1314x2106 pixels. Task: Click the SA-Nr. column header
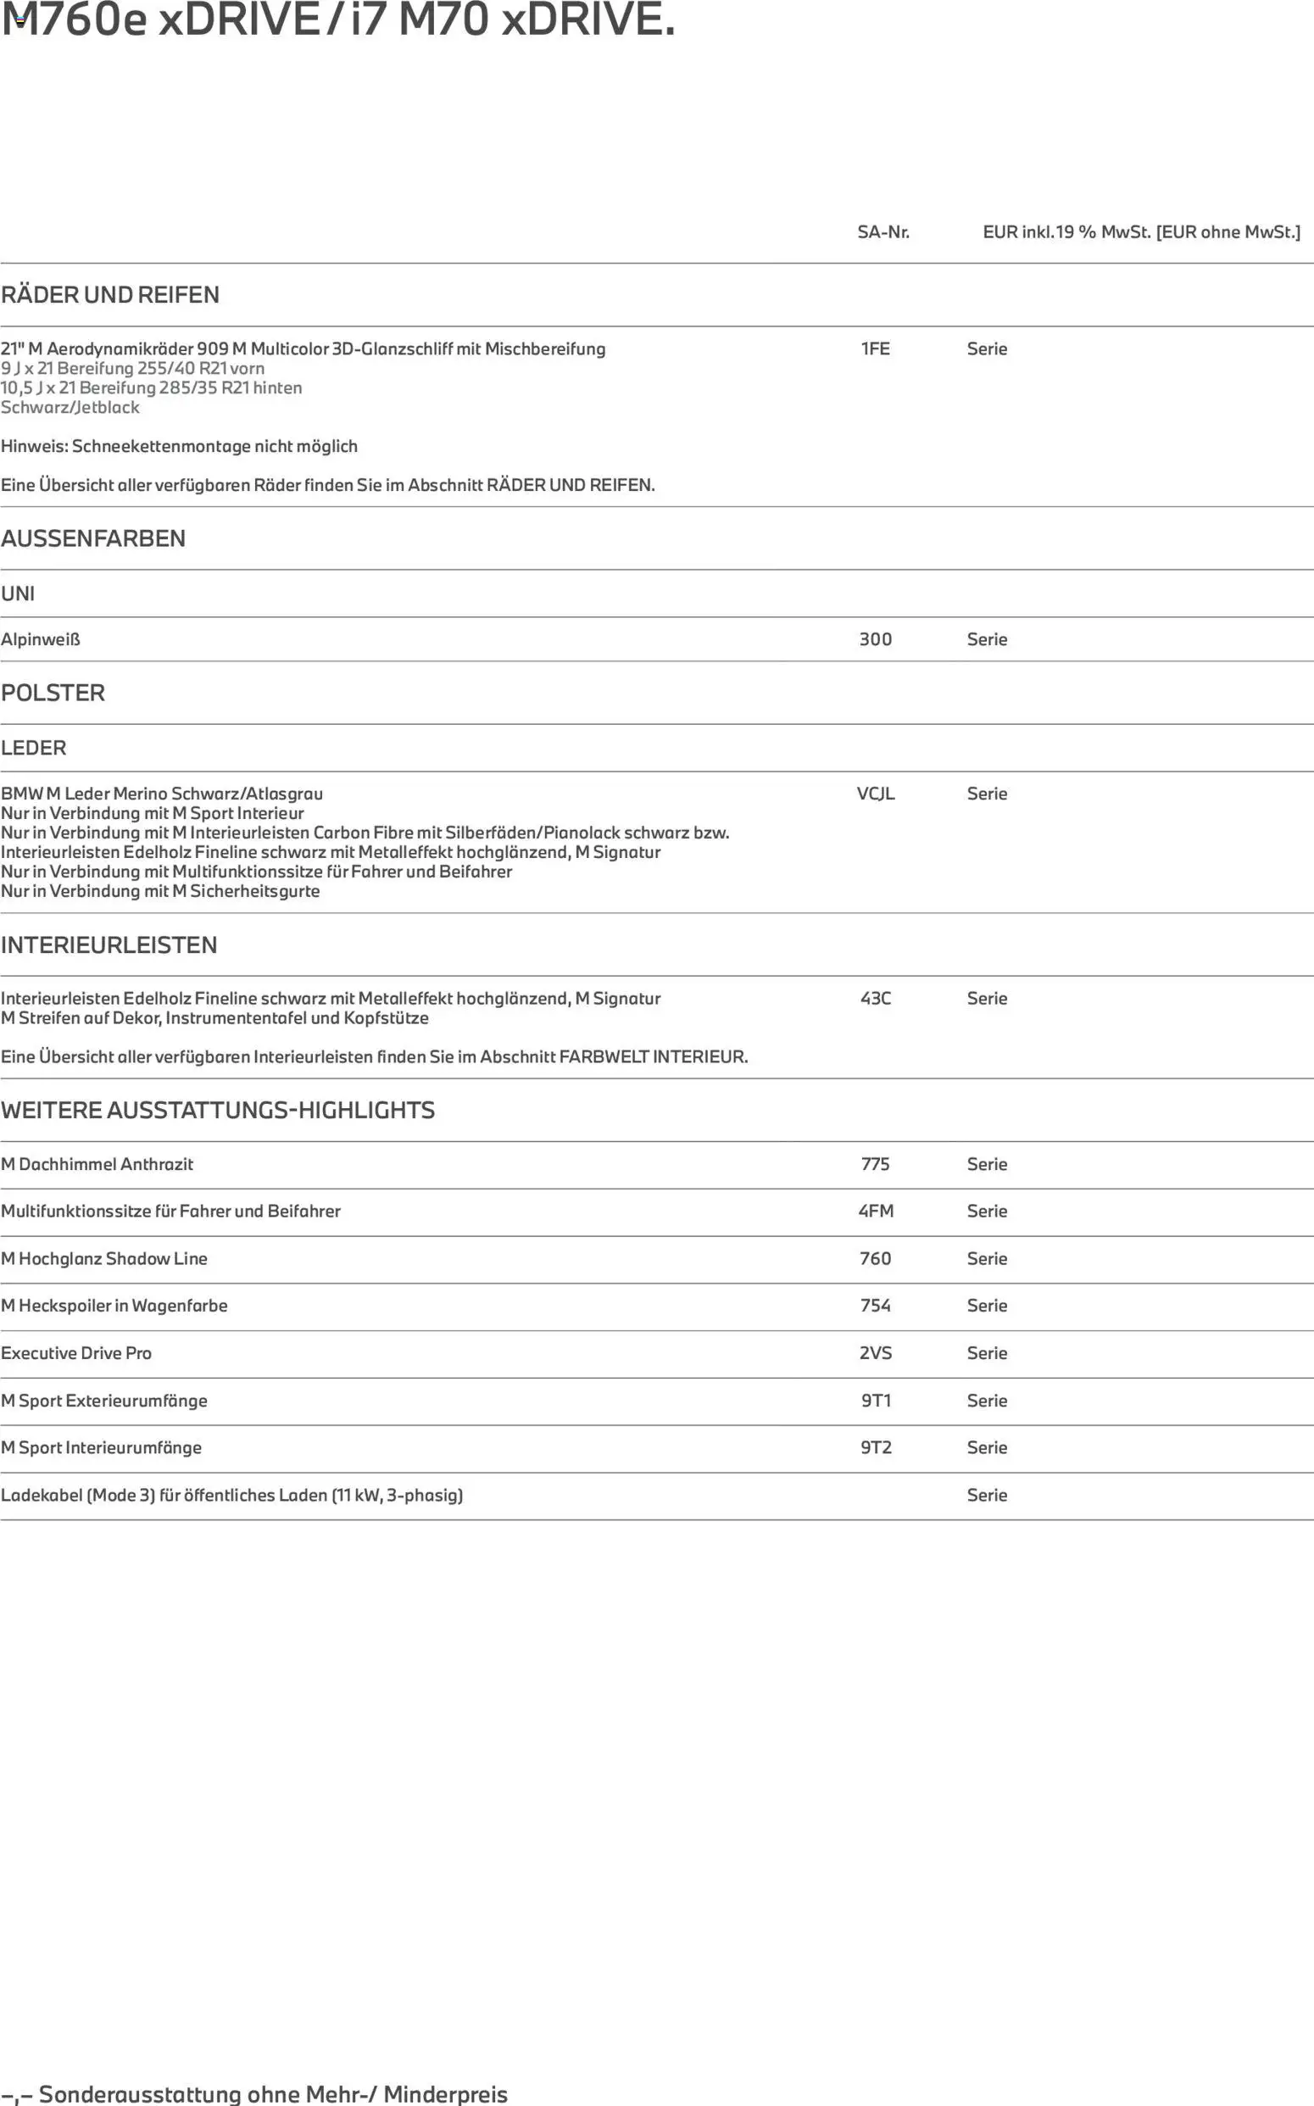pyautogui.click(x=883, y=232)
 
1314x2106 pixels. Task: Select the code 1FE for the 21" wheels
pyautogui.click(x=875, y=348)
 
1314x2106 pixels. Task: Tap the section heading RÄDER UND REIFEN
pyautogui.click(x=109, y=295)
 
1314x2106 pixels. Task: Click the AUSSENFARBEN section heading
pyautogui.click(x=93, y=538)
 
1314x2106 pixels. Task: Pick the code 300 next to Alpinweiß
pyautogui.click(x=875, y=639)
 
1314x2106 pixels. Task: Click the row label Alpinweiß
pyautogui.click(x=40, y=639)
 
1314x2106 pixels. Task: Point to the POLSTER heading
pyautogui.click(x=53, y=693)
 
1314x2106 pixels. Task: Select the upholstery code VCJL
pyautogui.click(x=875, y=794)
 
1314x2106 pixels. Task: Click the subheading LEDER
pyautogui.click(x=33, y=748)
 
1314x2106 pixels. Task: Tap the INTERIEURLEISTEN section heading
pyautogui.click(x=109, y=944)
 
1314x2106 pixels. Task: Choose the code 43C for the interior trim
pyautogui.click(x=875, y=998)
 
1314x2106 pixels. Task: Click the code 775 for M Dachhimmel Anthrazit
pyautogui.click(x=875, y=1164)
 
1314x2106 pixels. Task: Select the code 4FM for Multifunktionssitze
pyautogui.click(x=875, y=1211)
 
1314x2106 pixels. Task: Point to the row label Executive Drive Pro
pyautogui.click(x=76, y=1352)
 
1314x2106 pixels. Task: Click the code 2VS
pyautogui.click(x=875, y=1352)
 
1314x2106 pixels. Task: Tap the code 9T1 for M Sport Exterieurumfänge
pyautogui.click(x=875, y=1401)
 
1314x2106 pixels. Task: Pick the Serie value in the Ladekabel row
pyautogui.click(x=987, y=1495)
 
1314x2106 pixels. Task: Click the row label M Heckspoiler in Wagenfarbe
pyautogui.click(x=114, y=1306)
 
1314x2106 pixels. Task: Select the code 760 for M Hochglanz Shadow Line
pyautogui.click(x=875, y=1258)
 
